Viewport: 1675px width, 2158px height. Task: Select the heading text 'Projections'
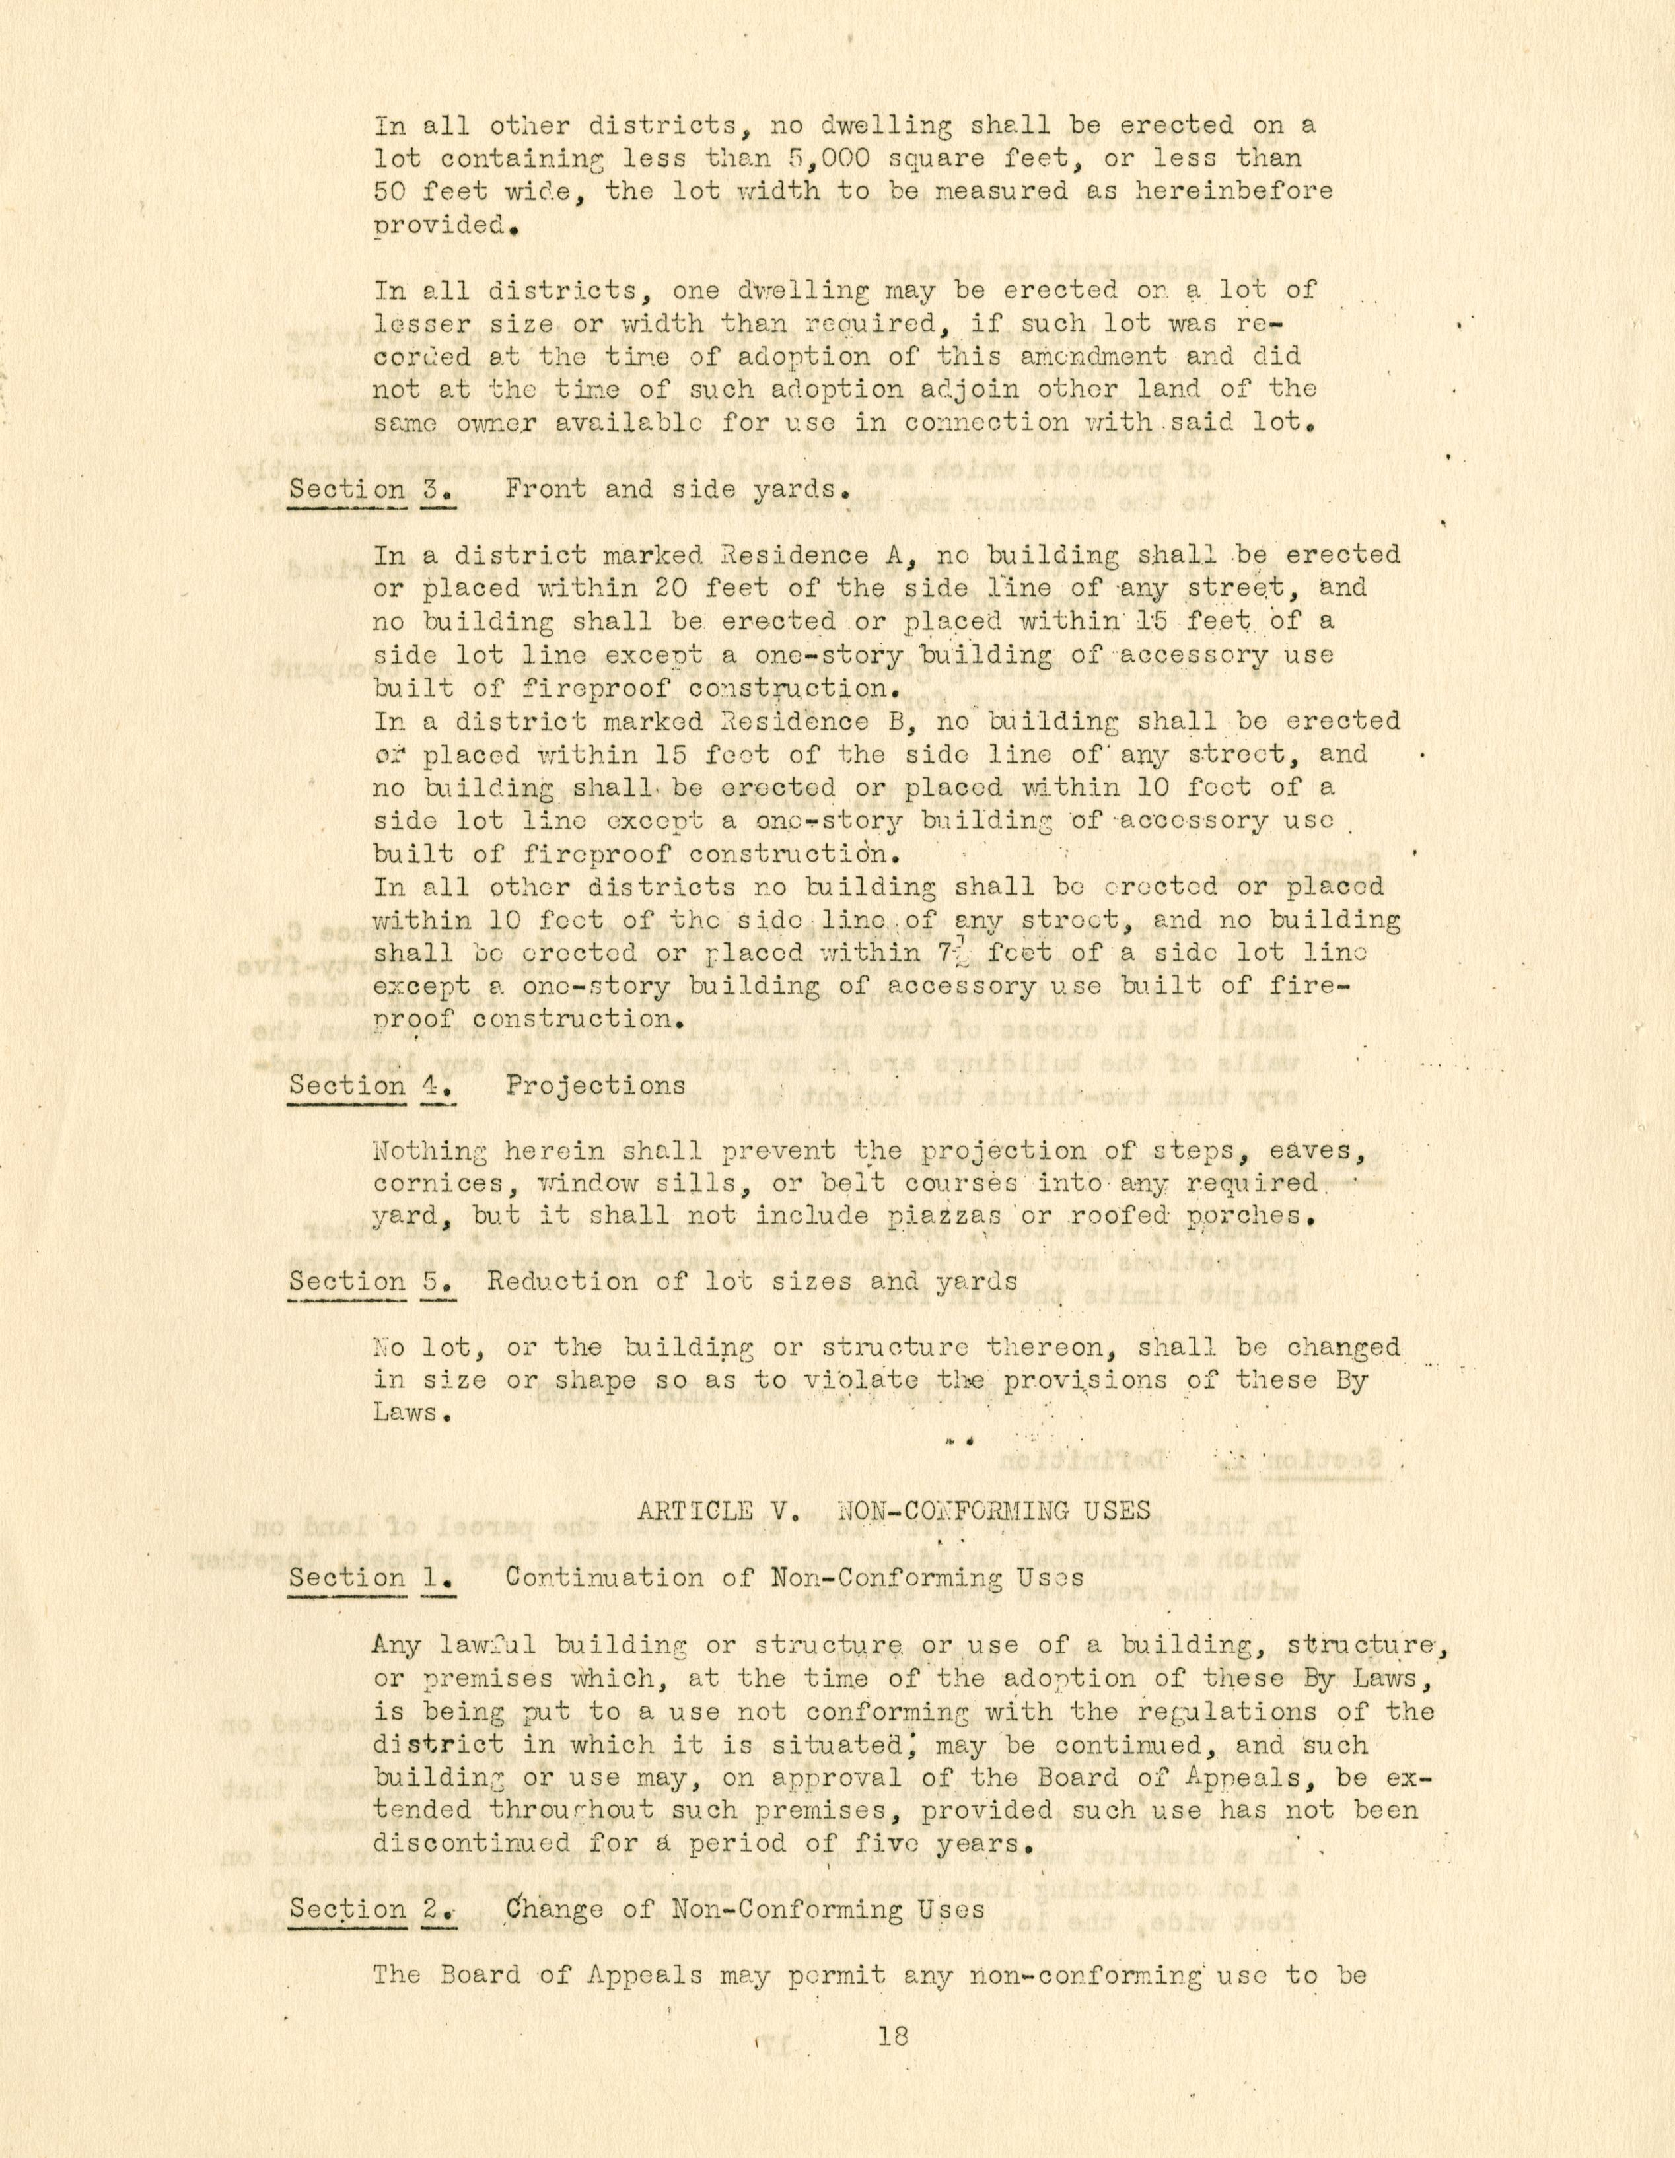[596, 1085]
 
